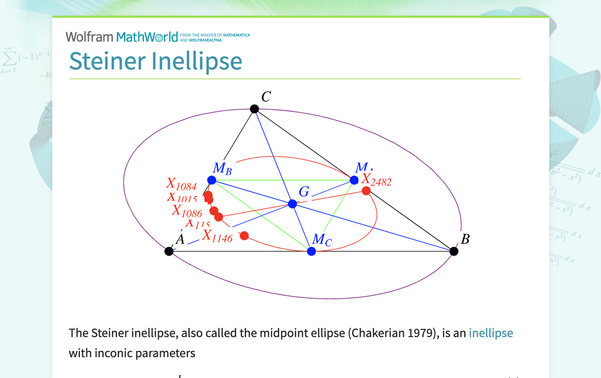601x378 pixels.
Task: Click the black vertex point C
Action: click(255, 109)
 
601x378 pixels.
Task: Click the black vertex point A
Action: click(169, 251)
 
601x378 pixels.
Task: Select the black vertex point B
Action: click(454, 251)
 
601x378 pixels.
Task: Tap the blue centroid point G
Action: click(293, 204)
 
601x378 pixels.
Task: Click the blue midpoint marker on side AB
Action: click(311, 251)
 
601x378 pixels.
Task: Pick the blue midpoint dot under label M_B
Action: click(212, 180)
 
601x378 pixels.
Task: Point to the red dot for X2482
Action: click(366, 191)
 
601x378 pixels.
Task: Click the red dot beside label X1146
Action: click(244, 235)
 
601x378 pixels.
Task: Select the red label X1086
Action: click(187, 211)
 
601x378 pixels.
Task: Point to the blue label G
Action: click(304, 192)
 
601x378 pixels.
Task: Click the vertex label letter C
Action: click(266, 97)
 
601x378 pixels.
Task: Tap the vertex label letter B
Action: click(465, 239)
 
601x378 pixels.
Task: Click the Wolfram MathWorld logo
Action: click(121, 37)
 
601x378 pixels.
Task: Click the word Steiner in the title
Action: click(107, 61)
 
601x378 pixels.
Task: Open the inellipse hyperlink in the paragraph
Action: click(491, 333)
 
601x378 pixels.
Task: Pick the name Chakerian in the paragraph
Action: click(374, 333)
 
